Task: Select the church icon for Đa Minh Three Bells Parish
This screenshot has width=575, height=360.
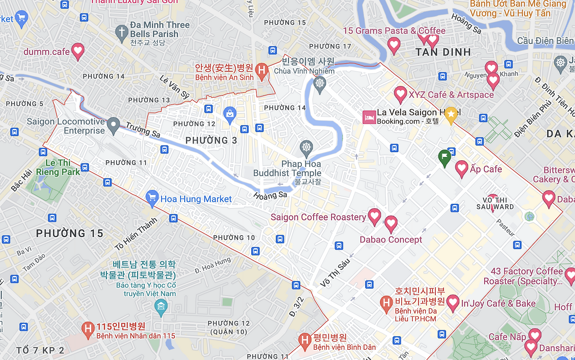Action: (x=121, y=32)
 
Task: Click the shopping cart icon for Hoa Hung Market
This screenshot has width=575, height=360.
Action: (x=152, y=198)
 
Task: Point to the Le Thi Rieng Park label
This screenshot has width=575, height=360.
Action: (x=58, y=167)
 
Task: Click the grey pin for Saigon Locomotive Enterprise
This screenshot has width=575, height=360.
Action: (x=113, y=125)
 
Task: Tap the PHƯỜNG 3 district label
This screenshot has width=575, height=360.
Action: (x=211, y=140)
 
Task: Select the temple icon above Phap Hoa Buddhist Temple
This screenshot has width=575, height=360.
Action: (x=306, y=147)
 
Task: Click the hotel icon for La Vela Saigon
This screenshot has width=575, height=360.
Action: (x=369, y=117)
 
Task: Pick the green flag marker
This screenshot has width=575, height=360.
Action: (x=444, y=157)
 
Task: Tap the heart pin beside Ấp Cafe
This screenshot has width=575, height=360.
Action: (x=462, y=168)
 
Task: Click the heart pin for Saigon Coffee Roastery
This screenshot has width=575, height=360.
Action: (x=375, y=216)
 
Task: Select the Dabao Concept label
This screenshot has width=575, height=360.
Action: (x=391, y=240)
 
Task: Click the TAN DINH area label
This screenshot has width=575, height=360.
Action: (x=443, y=52)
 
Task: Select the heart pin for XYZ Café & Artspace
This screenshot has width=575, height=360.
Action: (x=400, y=94)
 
